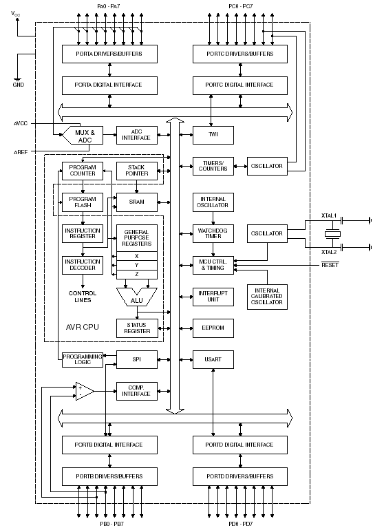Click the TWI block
[x=213, y=135]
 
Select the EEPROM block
[x=213, y=328]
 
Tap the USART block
[x=213, y=359]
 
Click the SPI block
[x=137, y=359]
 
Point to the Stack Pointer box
[x=137, y=171]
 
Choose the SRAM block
[x=137, y=202]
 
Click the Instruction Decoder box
[x=83, y=265]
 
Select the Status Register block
[x=137, y=328]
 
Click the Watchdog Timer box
[x=213, y=233]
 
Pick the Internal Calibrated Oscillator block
[x=267, y=297]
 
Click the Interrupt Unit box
[x=213, y=297]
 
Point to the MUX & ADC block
[x=83, y=136]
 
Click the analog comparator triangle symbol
[x=85, y=392]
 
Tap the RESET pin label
[x=330, y=265]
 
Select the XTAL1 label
[x=328, y=215]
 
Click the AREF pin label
[x=21, y=152]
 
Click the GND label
[x=19, y=85]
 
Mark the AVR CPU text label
[x=82, y=327]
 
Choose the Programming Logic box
[x=83, y=359]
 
